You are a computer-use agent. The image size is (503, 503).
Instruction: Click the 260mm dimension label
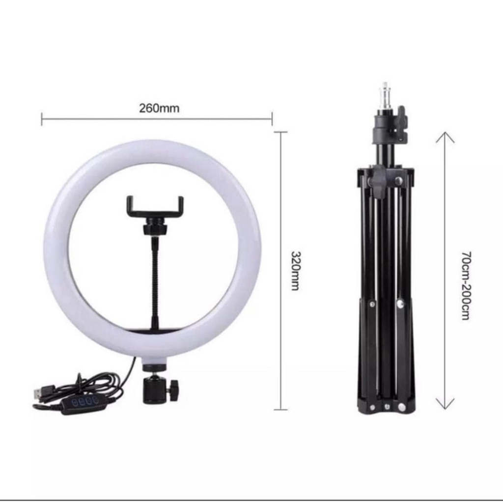159,109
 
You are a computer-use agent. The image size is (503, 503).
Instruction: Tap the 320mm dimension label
295,270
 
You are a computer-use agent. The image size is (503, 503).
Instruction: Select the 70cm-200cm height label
466,285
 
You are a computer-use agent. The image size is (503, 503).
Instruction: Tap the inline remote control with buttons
84,403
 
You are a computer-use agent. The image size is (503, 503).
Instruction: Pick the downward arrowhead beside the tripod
445,404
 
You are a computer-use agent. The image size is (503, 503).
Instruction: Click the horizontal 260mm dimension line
98,118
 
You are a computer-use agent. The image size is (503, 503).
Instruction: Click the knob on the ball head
173,391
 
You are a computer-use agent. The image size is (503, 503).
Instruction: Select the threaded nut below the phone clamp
155,229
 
